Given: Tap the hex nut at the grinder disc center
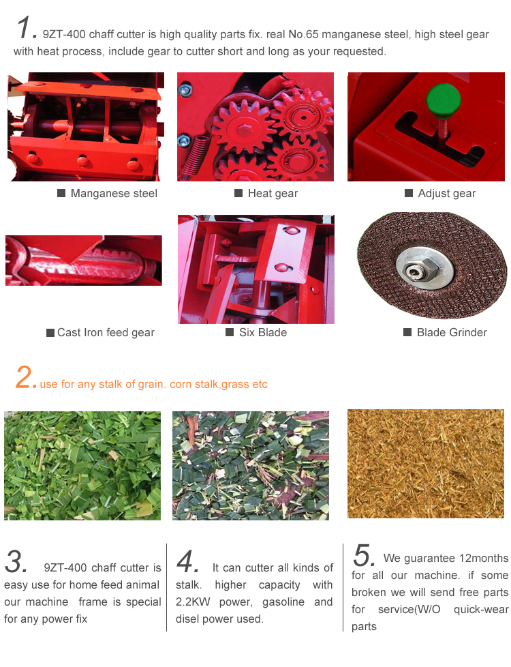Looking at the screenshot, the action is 419,269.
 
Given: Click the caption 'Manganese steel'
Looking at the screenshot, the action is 114,194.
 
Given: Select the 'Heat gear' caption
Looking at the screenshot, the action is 273,194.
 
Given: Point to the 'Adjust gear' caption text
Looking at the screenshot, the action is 446,194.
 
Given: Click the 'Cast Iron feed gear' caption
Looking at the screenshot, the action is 106,333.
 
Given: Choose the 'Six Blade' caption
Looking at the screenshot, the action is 263,332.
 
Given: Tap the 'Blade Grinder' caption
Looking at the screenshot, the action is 452,332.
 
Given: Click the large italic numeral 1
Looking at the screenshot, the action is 25,27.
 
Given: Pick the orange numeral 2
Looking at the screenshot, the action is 25,377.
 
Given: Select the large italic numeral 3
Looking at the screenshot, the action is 15,561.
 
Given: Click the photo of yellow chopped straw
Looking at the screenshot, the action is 426,464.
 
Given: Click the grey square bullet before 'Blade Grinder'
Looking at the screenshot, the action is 407,332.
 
